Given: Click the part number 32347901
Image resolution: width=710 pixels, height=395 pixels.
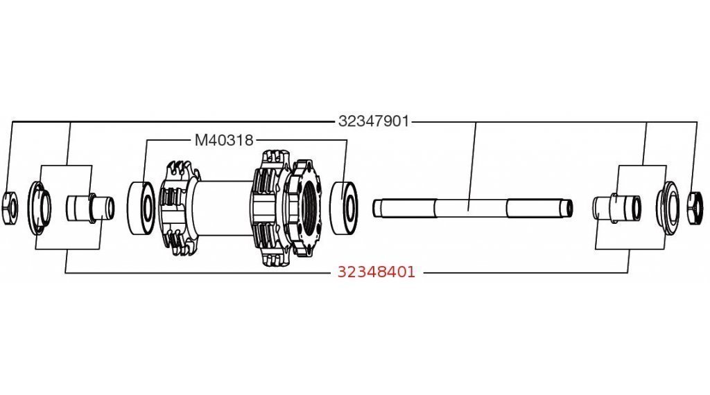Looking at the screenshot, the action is click(x=374, y=121).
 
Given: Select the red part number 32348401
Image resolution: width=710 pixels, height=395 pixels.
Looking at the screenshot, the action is click(x=376, y=272).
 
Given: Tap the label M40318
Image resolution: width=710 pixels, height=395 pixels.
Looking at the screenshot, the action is click(x=224, y=140).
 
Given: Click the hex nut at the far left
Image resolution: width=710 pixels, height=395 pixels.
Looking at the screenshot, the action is click(x=10, y=208).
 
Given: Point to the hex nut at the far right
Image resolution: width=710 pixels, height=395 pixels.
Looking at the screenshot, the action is click(x=695, y=208).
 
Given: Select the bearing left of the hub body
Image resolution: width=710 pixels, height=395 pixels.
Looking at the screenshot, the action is click(x=141, y=208).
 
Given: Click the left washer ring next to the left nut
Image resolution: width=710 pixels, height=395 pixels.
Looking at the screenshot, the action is click(x=40, y=208).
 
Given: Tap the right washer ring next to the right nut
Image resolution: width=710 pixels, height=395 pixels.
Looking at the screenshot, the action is click(x=668, y=208).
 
